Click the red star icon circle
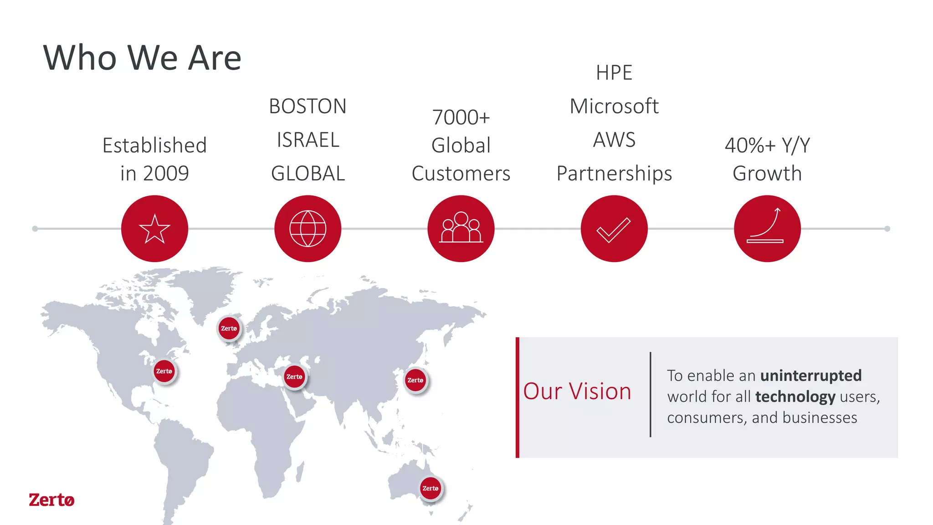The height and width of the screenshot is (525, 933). point(154,229)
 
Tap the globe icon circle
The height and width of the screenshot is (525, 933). point(308,229)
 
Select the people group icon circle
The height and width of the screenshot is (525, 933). point(461,229)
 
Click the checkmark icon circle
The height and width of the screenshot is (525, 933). point(614,229)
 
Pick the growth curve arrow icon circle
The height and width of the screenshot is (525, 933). point(767,229)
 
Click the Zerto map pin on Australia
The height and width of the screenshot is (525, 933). point(431,488)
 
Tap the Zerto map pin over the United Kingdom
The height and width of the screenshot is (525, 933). point(229,328)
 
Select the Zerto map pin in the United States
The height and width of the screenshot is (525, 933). point(164,371)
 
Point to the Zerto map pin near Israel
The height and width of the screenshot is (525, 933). point(294,376)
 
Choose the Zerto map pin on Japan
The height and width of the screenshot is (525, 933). point(415,380)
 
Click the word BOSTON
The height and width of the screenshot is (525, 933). point(308,107)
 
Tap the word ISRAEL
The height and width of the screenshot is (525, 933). point(308,140)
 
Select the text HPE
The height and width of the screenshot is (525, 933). point(614,73)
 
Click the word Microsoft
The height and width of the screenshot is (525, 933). point(614,107)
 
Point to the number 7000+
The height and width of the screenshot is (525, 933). point(461,118)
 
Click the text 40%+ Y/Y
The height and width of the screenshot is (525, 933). point(767,145)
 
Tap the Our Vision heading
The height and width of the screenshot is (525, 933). point(577,391)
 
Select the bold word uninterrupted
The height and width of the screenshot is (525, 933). point(811,376)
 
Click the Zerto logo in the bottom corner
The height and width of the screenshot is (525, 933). point(51,500)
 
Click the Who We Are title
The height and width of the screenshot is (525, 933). point(142,58)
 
